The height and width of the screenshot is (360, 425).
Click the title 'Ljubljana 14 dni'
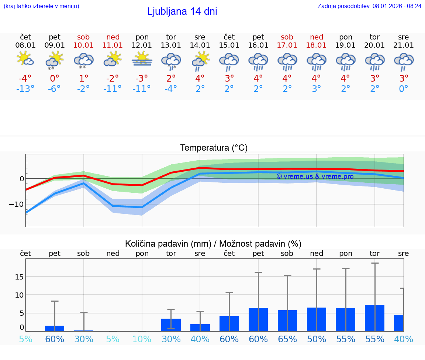click(x=182, y=11)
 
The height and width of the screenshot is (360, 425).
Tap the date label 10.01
click(x=84, y=45)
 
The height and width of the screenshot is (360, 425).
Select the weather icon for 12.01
click(x=142, y=59)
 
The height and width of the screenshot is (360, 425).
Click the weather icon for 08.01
click(x=25, y=59)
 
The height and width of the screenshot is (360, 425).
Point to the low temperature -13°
click(x=25, y=89)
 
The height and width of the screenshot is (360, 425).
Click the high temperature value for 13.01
click(x=171, y=79)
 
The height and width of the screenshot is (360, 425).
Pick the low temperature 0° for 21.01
click(x=404, y=89)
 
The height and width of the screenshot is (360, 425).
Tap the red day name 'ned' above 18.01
click(x=317, y=37)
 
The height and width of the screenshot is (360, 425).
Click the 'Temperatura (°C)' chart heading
click(x=214, y=148)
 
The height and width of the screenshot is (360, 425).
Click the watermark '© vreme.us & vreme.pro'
click(x=315, y=176)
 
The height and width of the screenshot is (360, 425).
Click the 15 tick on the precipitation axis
click(x=20, y=277)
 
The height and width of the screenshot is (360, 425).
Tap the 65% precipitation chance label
click(x=287, y=339)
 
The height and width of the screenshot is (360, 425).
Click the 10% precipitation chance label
click(x=142, y=339)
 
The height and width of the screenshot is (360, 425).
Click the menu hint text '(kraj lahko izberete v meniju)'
click(x=41, y=6)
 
